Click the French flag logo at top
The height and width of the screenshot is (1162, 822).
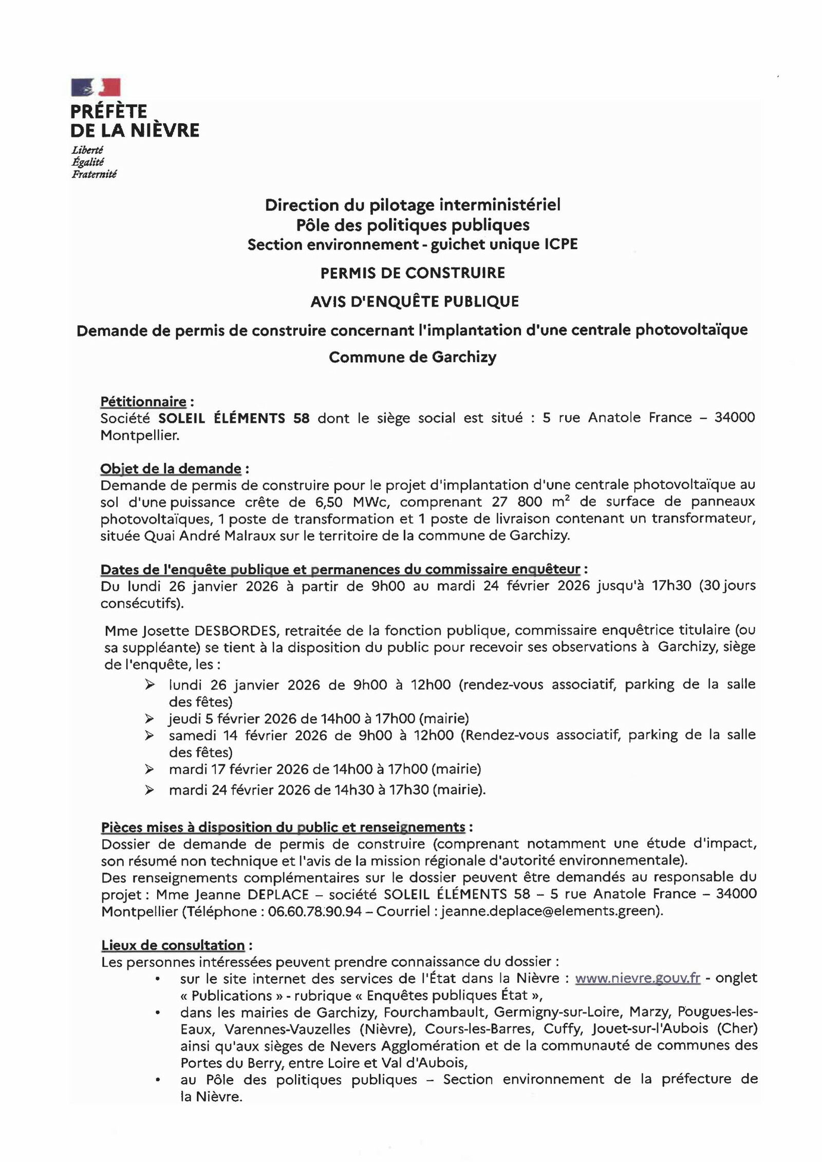pos(96,87)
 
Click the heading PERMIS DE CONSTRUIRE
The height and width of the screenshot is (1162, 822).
pos(413,273)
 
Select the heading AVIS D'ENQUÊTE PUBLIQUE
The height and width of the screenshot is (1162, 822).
pos(415,302)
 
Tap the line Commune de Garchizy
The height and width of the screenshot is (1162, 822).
pos(413,357)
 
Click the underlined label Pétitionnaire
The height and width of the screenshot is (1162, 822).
pos(143,401)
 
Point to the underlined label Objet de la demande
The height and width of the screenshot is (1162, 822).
pos(171,468)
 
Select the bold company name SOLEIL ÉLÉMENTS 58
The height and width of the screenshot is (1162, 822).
pos(234,418)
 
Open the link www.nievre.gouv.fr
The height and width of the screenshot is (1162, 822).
pos(637,978)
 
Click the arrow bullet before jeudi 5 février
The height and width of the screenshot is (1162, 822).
pos(150,718)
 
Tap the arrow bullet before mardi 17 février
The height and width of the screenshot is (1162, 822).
pos(150,769)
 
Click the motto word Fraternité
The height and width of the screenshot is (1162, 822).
pos(94,174)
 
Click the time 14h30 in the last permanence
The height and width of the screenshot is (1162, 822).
pos(354,790)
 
